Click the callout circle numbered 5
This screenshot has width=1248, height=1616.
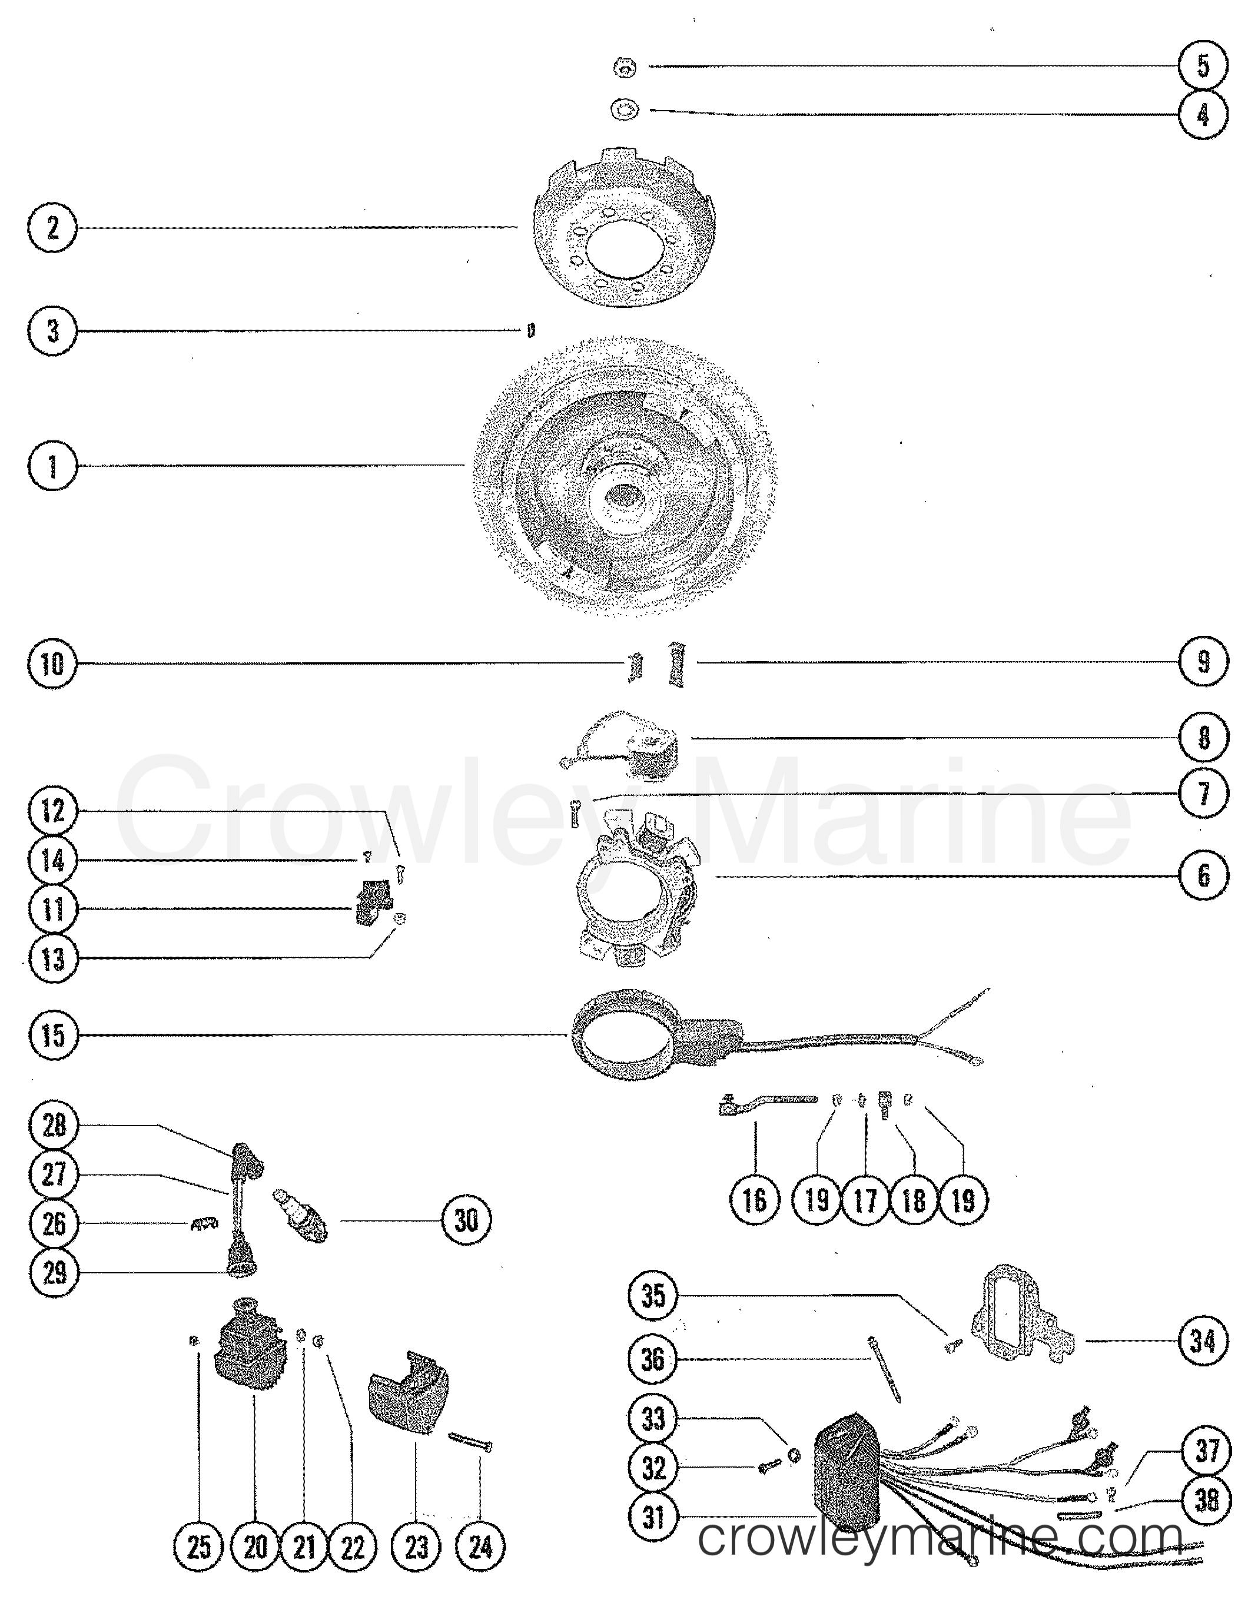pos(1203,66)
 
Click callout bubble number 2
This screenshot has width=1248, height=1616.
pos(52,227)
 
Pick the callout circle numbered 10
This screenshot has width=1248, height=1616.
pos(52,663)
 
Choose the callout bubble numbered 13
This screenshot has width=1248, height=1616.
pos(52,960)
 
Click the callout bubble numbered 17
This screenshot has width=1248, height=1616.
pos(865,1200)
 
